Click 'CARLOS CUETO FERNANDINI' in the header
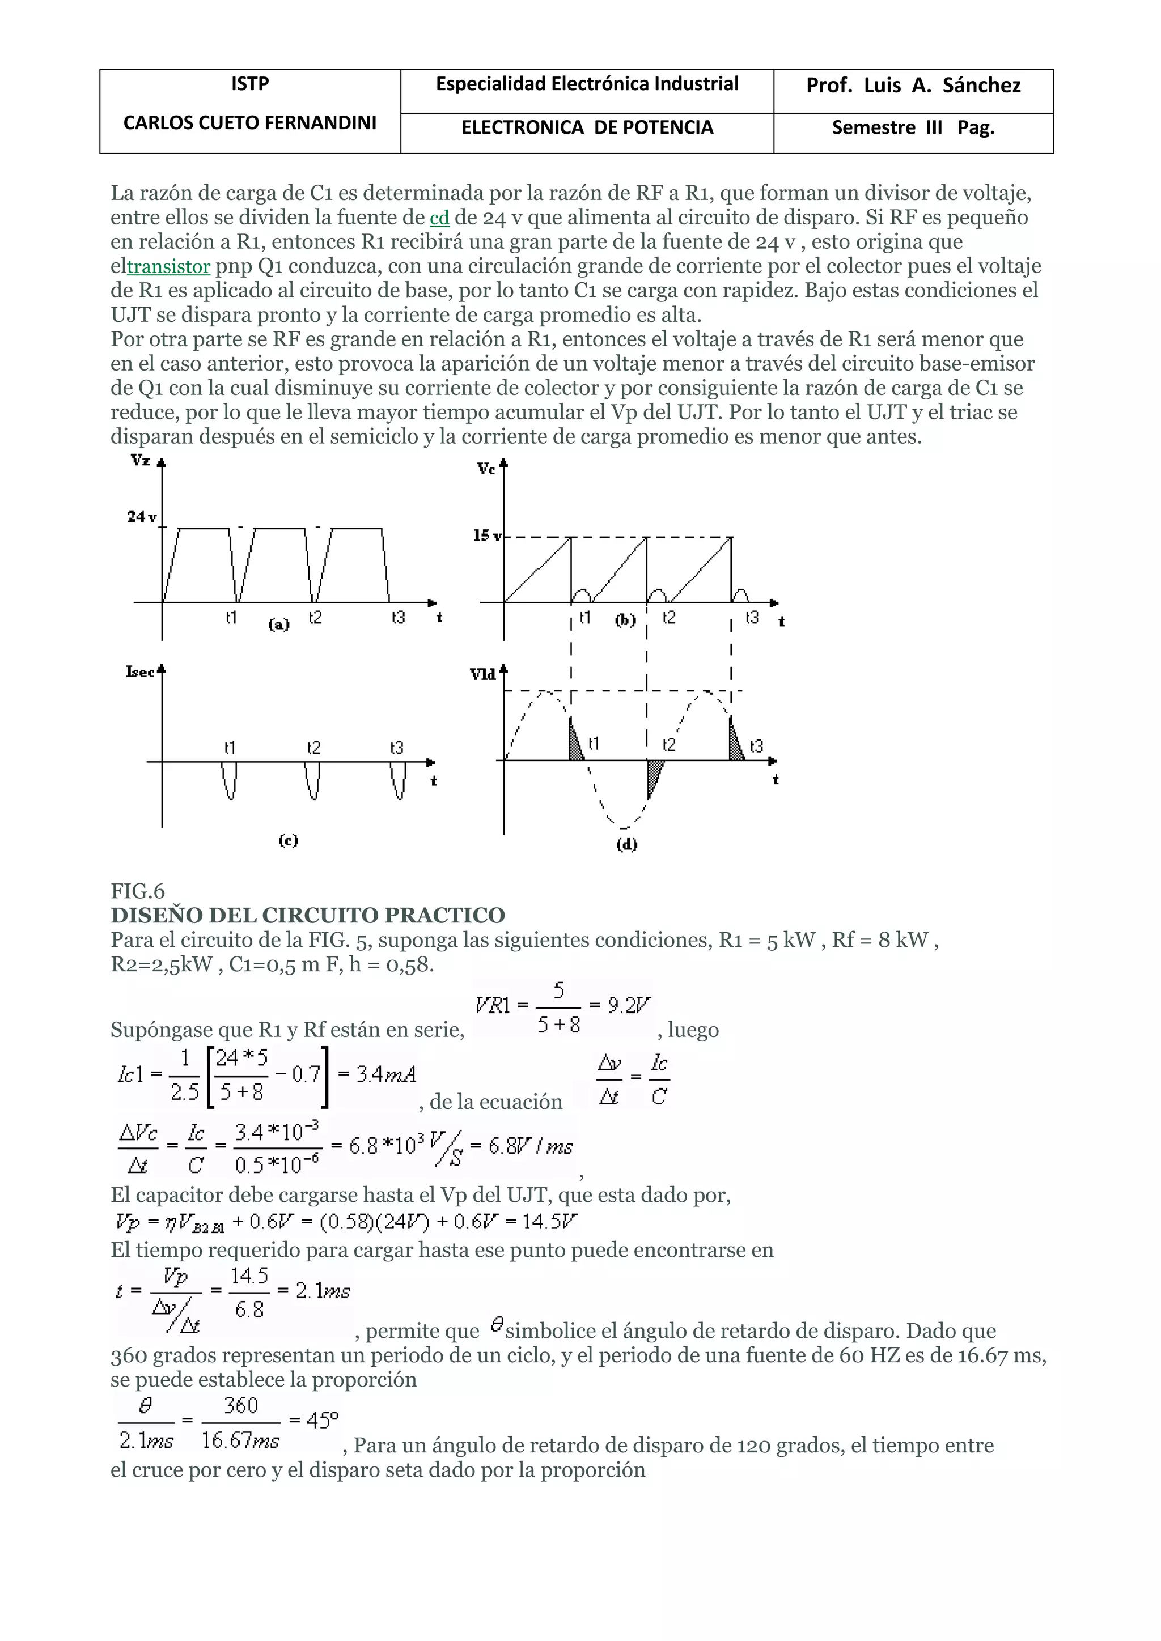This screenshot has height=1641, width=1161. (x=249, y=123)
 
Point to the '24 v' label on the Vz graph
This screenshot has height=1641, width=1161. (x=142, y=516)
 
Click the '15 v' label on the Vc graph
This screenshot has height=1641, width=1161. (x=487, y=535)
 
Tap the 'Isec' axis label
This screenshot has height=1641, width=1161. (x=141, y=672)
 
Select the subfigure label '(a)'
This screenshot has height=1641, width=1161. (x=279, y=624)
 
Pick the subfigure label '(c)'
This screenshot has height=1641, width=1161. (x=288, y=840)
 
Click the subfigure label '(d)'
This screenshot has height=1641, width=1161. (x=627, y=844)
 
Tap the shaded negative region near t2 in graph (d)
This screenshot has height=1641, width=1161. (x=654, y=776)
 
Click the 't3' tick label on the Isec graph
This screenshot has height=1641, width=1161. (x=397, y=747)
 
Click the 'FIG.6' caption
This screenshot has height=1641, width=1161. (x=137, y=891)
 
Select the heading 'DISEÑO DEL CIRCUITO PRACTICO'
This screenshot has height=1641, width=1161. (x=307, y=916)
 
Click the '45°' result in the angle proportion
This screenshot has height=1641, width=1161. (x=321, y=1419)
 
